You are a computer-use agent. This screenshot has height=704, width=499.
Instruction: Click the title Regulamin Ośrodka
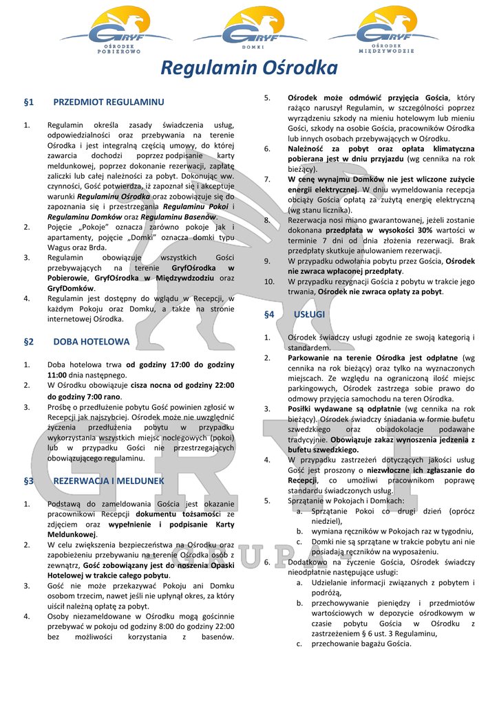(x=249, y=68)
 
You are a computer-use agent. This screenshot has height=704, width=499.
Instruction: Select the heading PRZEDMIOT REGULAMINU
(x=109, y=102)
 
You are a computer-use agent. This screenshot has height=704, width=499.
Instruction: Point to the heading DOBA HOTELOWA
(x=92, y=341)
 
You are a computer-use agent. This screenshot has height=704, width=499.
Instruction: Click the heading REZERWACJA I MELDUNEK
(x=109, y=481)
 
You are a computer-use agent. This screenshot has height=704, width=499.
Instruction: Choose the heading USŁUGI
(x=309, y=314)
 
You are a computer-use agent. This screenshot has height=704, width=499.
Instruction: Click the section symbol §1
(x=29, y=102)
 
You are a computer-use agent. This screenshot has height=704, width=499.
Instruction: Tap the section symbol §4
(x=269, y=314)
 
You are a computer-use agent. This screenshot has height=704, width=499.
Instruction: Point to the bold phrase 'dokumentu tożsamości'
(x=178, y=514)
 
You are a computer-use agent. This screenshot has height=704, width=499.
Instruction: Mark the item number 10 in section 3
(x=270, y=281)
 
